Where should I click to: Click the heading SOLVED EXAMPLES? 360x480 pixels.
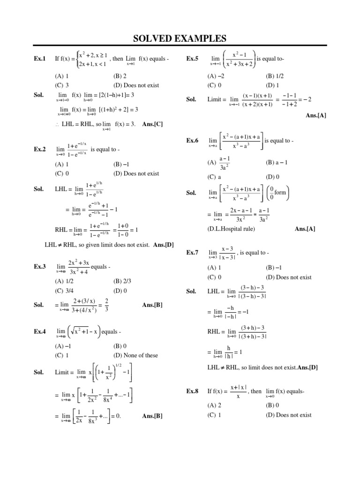point(180,38)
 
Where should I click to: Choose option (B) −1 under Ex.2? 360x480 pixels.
point(121,165)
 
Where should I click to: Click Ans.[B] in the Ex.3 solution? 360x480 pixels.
point(152,305)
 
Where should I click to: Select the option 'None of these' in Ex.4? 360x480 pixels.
point(135,355)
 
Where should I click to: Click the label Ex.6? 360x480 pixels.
point(192,140)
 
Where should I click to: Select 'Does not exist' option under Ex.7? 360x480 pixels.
point(288,277)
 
